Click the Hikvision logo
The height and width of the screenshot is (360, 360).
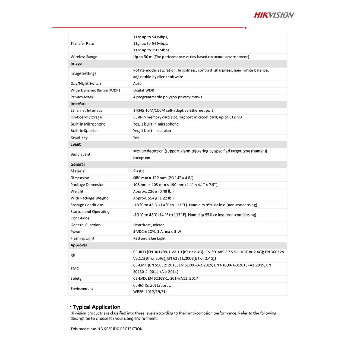(274, 15)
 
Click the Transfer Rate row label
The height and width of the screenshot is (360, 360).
(82, 44)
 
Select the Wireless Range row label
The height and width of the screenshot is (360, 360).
(84, 57)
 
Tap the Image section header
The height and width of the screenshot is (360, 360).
(76, 64)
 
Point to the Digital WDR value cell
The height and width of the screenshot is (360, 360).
(143, 90)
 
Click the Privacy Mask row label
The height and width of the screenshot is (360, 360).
(82, 97)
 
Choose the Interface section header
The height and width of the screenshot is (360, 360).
(78, 104)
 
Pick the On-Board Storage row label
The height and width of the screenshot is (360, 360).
(86, 117)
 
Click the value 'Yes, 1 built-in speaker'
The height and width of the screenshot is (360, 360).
(152, 131)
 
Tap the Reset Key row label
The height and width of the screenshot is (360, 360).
(79, 137)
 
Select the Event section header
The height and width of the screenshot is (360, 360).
(76, 144)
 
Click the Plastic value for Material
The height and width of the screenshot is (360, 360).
(139, 171)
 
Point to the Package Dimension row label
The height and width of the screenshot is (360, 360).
(88, 185)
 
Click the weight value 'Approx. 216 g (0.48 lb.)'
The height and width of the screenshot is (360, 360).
(153, 191)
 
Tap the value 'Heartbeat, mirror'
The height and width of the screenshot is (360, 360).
(148, 225)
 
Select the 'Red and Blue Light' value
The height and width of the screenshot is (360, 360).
(149, 238)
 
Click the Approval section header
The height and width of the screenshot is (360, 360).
(79, 245)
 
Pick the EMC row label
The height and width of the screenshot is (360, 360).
(75, 269)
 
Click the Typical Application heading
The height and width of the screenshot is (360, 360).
(96, 307)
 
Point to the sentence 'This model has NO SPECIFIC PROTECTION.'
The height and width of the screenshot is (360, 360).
(107, 329)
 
